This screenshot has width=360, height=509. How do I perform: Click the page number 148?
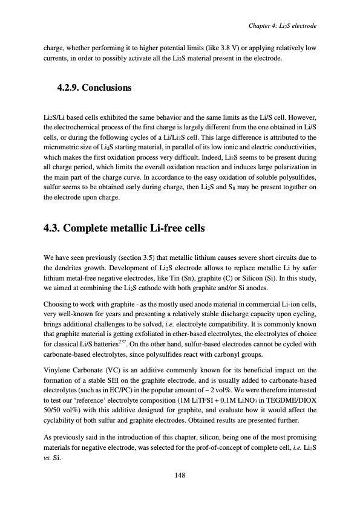click(180, 475)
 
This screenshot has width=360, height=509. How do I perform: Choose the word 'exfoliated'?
click(152, 332)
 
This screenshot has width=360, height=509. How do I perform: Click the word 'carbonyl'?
click(246, 351)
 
